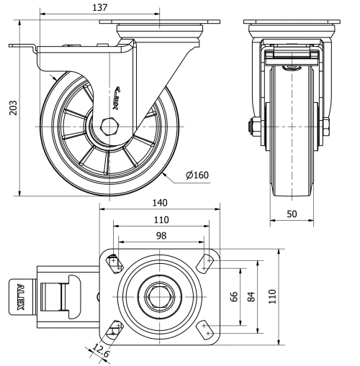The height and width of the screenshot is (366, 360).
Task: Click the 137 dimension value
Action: click(100, 8)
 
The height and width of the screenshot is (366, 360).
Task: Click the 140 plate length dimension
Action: click(160, 203)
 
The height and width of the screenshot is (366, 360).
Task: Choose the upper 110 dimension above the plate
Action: click(160, 219)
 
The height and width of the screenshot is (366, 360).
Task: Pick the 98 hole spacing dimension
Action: click(160, 235)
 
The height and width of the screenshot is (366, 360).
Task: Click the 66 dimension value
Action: click(233, 296)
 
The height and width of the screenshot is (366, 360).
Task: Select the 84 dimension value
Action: click(251, 296)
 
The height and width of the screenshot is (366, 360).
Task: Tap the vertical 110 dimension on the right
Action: click(272, 296)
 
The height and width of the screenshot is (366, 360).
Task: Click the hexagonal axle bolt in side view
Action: click(109, 127)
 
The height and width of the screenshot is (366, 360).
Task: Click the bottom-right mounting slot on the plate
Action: click(206, 329)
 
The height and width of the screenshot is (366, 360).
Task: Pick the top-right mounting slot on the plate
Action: click(206, 262)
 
